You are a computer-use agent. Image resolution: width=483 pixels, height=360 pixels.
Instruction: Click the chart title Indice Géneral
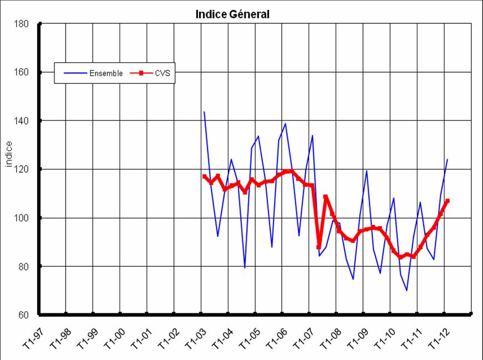(232, 14)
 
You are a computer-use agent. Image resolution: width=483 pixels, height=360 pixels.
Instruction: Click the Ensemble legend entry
(106, 73)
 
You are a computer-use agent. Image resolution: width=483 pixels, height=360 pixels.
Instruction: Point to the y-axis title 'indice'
(9, 154)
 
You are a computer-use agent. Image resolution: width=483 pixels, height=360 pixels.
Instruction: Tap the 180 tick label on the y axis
(22, 24)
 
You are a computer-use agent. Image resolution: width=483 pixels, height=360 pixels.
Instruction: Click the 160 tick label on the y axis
(22, 72)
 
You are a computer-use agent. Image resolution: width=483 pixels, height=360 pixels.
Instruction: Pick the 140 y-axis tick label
(22, 121)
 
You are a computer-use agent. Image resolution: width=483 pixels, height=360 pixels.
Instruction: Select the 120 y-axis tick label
(22, 169)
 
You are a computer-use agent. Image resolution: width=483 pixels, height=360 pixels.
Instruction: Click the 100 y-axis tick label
(22, 218)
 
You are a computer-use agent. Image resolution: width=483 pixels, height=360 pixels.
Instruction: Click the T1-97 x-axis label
(29, 336)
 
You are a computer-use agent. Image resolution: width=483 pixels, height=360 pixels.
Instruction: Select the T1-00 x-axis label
(111, 336)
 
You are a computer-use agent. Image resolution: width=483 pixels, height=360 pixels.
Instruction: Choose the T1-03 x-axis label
(192, 336)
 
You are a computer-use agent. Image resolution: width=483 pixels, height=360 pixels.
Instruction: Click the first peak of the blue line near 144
(204, 112)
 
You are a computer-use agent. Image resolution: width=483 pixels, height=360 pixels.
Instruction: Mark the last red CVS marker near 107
(447, 201)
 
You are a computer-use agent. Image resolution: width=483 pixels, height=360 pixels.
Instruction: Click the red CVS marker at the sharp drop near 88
(319, 247)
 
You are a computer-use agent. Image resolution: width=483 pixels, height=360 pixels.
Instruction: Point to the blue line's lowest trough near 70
(407, 291)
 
